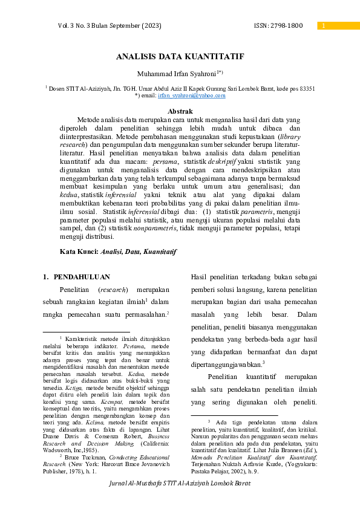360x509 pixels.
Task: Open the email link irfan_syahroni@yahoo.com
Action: coord(192,96)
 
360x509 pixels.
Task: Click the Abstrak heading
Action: coord(180,111)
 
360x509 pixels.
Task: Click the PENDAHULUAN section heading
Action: coord(82,277)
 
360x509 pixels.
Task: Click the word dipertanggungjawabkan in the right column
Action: coord(226,365)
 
